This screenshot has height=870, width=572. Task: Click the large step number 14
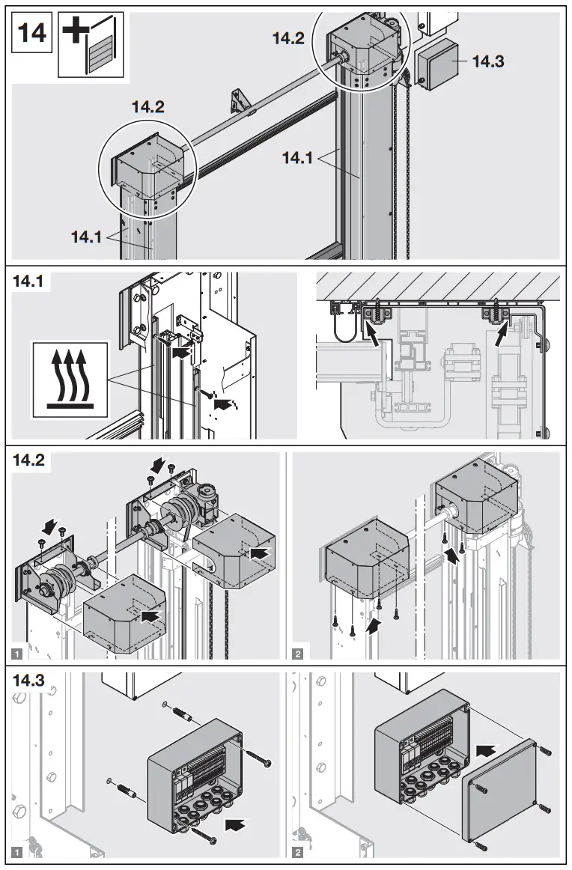31,34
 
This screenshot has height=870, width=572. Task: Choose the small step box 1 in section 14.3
18,852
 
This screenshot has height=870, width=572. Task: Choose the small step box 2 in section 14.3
299,852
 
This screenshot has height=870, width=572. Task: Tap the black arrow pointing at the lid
487,748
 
